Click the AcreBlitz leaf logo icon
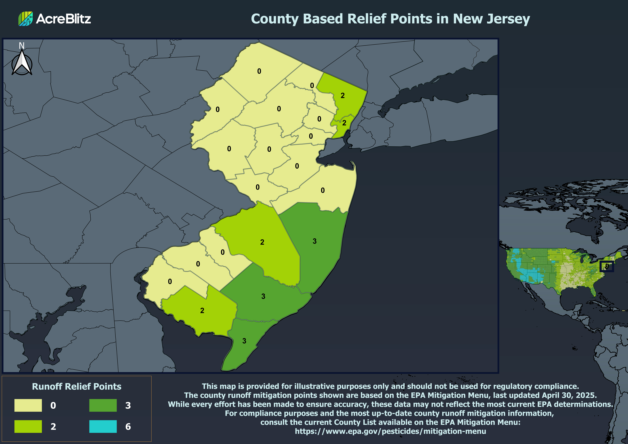(x=25, y=19)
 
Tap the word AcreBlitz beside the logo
(x=63, y=19)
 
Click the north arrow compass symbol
(x=22, y=63)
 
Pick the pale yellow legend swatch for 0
(x=28, y=405)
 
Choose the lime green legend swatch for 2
(x=28, y=426)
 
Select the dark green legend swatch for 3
(x=103, y=405)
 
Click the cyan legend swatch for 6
(x=103, y=426)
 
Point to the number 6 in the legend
(x=128, y=426)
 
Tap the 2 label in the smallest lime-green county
(x=344, y=123)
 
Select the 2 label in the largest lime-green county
(x=262, y=242)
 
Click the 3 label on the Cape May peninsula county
(x=244, y=341)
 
